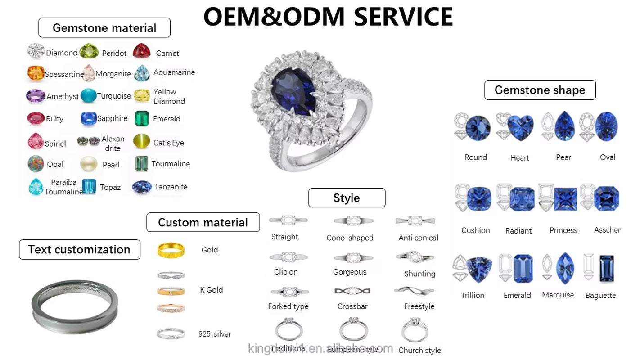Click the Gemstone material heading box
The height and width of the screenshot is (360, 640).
(x=104, y=28)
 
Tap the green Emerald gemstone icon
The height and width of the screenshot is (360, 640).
(x=142, y=118)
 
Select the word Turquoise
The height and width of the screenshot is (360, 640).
(x=114, y=96)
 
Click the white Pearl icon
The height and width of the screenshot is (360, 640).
(x=89, y=164)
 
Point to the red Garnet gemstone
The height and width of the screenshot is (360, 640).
(x=142, y=51)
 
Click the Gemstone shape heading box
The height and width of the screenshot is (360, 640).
(x=540, y=90)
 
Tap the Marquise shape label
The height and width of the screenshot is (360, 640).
(x=558, y=295)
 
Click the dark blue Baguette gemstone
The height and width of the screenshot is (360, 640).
(x=607, y=269)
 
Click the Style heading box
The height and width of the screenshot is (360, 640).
(x=347, y=198)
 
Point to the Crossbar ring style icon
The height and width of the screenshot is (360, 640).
(x=352, y=291)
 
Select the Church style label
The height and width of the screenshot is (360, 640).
(x=419, y=350)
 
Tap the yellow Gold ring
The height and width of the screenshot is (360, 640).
(x=171, y=250)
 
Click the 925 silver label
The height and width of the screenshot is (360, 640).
(x=215, y=334)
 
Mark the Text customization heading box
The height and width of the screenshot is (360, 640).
(x=79, y=250)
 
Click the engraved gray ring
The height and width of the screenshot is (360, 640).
(x=75, y=306)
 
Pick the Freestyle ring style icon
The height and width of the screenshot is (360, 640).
(x=414, y=290)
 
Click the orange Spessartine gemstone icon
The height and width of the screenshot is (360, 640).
(x=36, y=73)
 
